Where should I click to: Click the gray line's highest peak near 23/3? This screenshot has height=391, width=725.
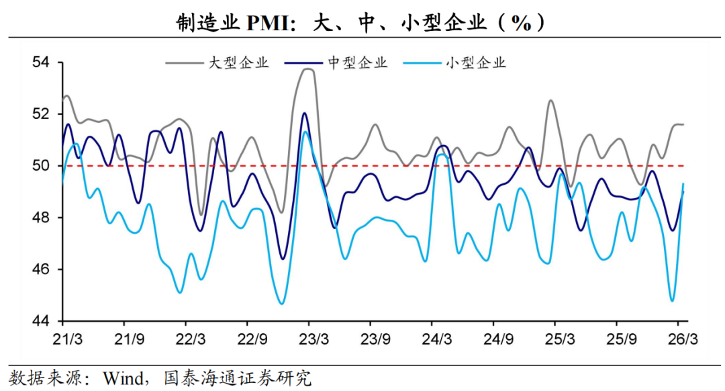308,69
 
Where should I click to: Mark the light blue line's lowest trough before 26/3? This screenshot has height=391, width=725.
671,300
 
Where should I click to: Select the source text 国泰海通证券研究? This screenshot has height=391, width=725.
238,377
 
